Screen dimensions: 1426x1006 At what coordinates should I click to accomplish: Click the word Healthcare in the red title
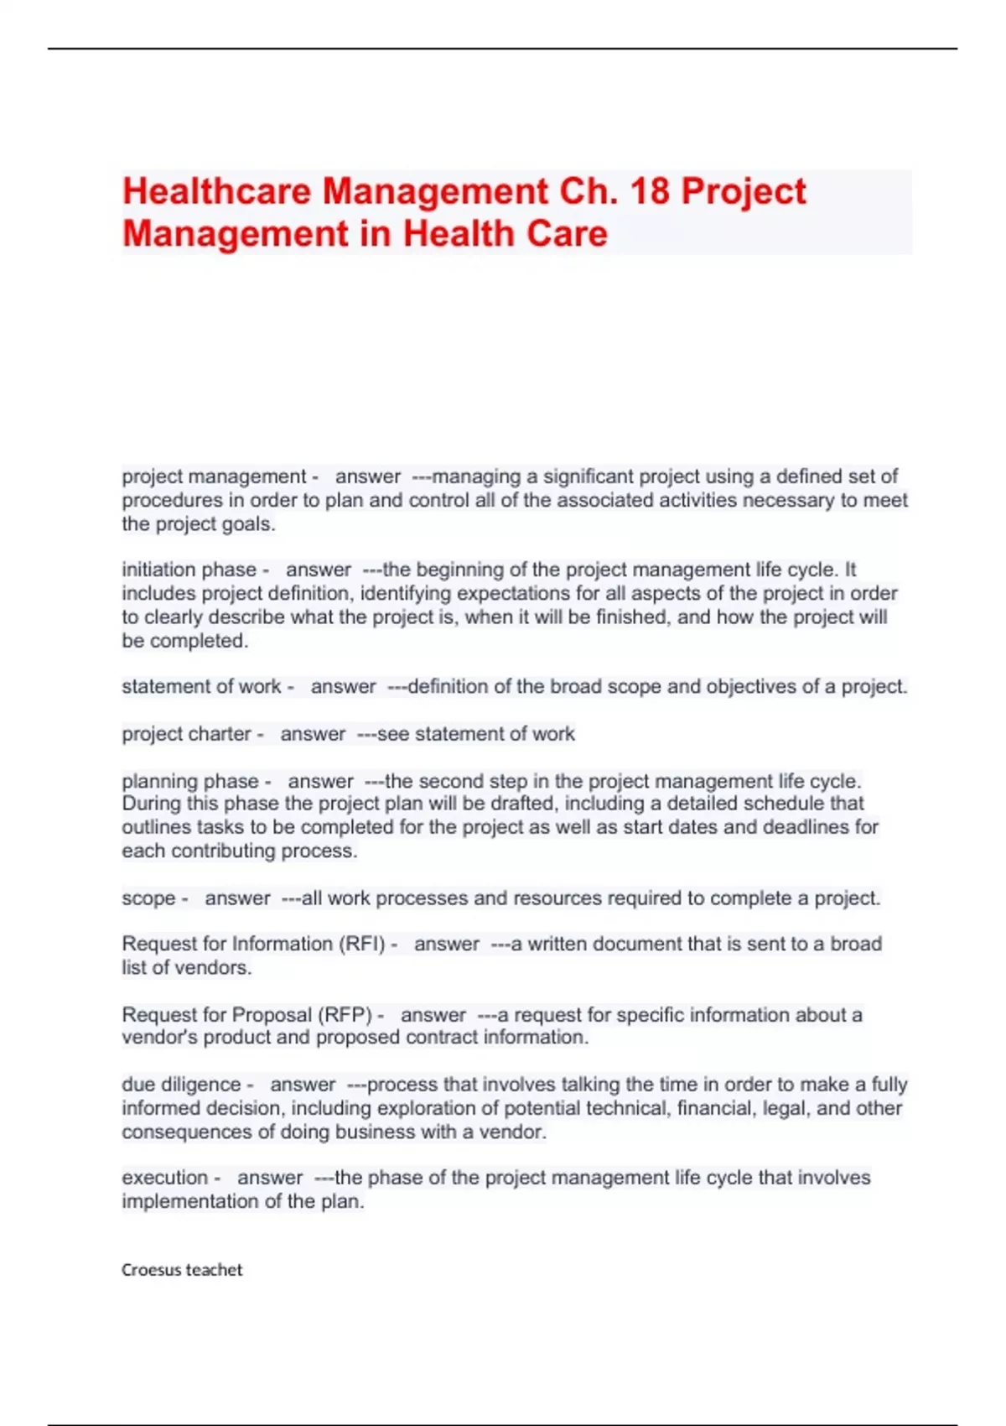(217, 191)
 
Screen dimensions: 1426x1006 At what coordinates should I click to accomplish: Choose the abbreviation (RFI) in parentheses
(362, 944)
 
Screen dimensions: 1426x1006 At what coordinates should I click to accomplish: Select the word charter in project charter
(220, 734)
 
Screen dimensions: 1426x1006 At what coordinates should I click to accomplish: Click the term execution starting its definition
(164, 1178)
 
